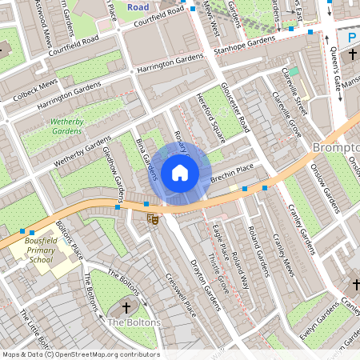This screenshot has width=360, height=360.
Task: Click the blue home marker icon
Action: (180, 172)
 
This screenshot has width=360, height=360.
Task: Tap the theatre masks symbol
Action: (152, 218)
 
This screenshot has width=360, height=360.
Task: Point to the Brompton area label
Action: (334, 149)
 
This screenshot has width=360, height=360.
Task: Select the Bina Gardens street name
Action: (148, 157)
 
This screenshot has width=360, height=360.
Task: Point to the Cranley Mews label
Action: (283, 256)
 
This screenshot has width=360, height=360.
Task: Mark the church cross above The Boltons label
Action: (126, 307)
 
